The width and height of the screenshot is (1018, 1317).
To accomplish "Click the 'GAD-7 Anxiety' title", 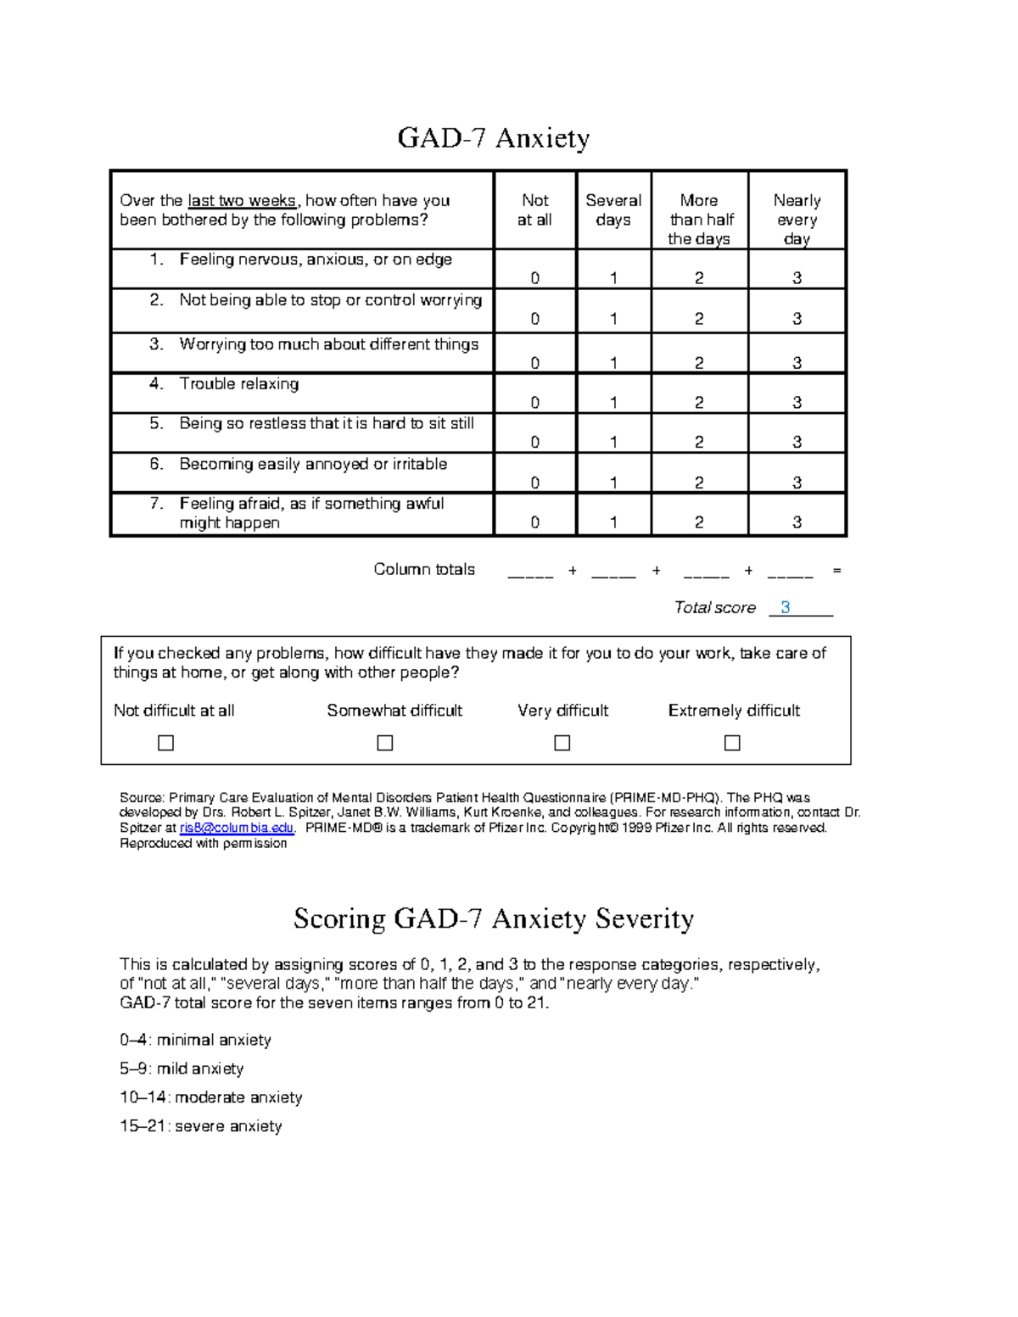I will pos(494,137).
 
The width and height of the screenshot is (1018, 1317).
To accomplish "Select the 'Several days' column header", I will pos(613,210).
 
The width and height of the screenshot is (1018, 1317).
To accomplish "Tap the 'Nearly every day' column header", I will pos(797,219).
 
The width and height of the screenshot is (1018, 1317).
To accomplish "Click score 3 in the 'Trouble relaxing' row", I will pos(797,402).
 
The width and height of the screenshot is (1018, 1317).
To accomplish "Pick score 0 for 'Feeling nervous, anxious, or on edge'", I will pos(534,278).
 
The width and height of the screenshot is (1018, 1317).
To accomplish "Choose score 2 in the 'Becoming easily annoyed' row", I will pos(699,483).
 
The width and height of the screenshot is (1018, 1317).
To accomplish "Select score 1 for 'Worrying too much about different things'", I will pos(613,363).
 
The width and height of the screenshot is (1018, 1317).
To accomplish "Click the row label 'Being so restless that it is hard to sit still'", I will pos(327,423).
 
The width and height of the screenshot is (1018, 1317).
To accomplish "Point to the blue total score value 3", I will pos(786,607).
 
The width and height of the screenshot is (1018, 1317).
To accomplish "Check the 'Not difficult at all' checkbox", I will pos(166,743).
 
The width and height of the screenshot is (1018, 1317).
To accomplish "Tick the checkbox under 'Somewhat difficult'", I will pos(385,743).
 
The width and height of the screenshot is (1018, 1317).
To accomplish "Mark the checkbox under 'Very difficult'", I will pos(562,743).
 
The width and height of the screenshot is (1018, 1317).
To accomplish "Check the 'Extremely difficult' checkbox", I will pos(732,743).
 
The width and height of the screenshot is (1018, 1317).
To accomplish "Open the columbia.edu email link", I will pos(237,828).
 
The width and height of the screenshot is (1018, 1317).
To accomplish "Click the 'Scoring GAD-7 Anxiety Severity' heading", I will pos(494,918).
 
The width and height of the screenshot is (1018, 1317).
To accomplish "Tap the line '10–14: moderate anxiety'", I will pos(211,1097).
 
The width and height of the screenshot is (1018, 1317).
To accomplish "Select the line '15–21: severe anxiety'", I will pos(201,1126).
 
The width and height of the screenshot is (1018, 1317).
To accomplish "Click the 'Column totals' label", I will pos(424,569).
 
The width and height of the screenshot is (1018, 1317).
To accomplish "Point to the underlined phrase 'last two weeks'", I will pos(242,201).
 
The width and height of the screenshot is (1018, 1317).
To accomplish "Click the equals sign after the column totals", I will pos(837,571).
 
